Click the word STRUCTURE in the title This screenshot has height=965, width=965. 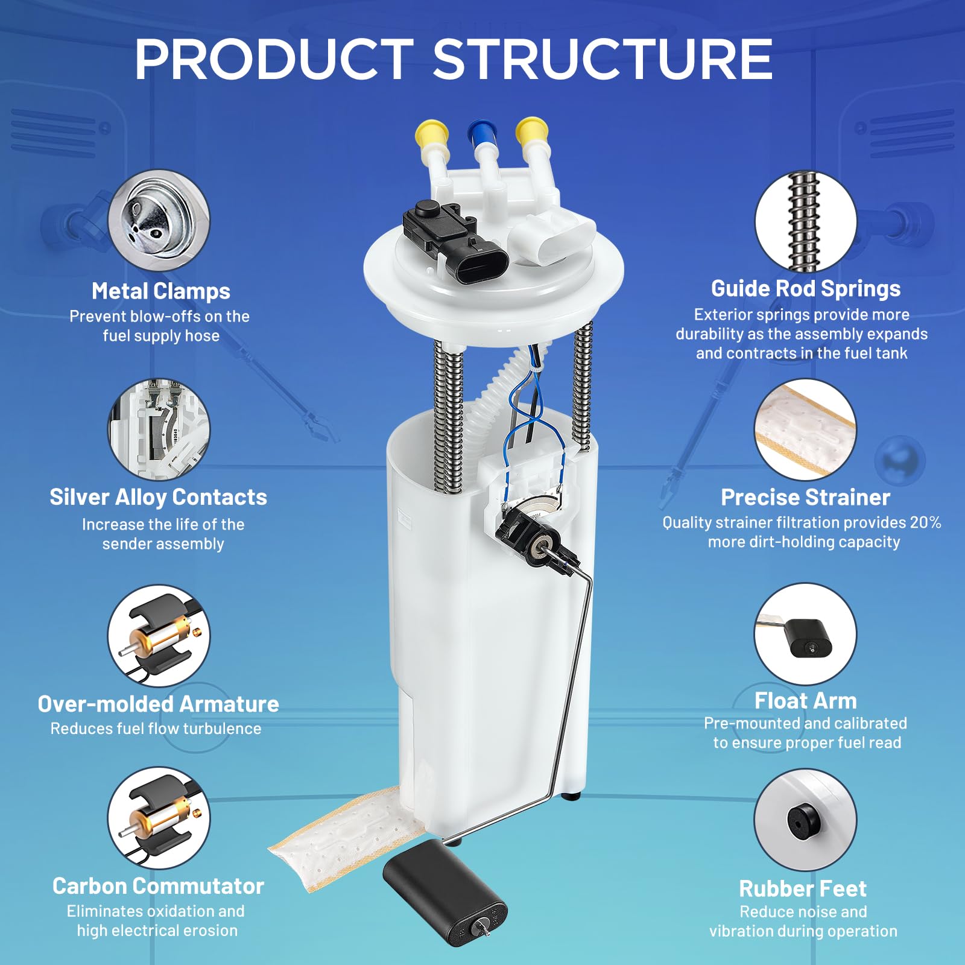click(x=603, y=59)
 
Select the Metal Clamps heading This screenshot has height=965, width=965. click(x=161, y=291)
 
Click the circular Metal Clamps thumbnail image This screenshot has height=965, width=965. click(x=159, y=220)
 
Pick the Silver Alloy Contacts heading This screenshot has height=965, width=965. click(x=158, y=498)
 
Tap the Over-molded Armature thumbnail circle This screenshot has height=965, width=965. click(x=159, y=636)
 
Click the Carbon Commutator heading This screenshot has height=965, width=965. click(x=158, y=886)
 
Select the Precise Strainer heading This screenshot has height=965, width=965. click(x=806, y=498)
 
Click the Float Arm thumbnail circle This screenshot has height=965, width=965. click(x=806, y=634)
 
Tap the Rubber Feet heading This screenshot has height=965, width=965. click(x=803, y=888)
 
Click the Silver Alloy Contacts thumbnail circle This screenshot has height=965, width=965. click(x=159, y=429)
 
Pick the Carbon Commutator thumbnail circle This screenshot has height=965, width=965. click(x=159, y=818)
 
